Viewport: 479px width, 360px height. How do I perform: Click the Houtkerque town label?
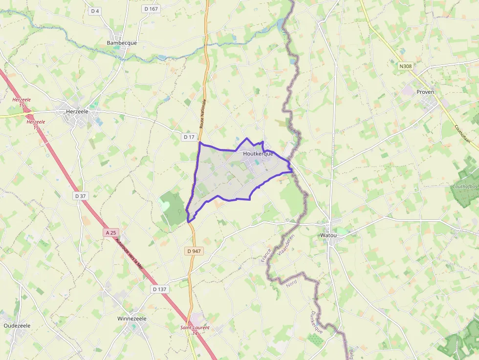pyautogui.click(x=258, y=153)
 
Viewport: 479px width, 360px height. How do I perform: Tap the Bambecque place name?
pyautogui.click(x=122, y=43)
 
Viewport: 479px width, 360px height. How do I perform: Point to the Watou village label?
pyautogui.click(x=328, y=235)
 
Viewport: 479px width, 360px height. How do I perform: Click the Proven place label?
pyautogui.click(x=425, y=92)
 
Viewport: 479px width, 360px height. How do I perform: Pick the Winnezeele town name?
pyautogui.click(x=132, y=318)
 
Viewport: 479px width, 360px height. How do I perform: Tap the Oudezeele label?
pyautogui.click(x=17, y=325)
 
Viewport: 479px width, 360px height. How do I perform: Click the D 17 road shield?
pyautogui.click(x=190, y=137)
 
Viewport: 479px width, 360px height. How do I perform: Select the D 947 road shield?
pyautogui.click(x=194, y=251)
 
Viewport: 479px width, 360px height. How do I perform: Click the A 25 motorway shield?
pyautogui.click(x=111, y=233)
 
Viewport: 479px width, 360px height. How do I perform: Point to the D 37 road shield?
pyautogui.click(x=81, y=196)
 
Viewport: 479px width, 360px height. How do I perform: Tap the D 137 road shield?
pyautogui.click(x=159, y=289)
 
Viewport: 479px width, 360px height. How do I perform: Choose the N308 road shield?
pyautogui.click(x=405, y=66)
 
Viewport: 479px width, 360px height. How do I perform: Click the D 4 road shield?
pyautogui.click(x=95, y=10)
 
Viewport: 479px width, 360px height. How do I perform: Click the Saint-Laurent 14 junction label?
pyautogui.click(x=195, y=330)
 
